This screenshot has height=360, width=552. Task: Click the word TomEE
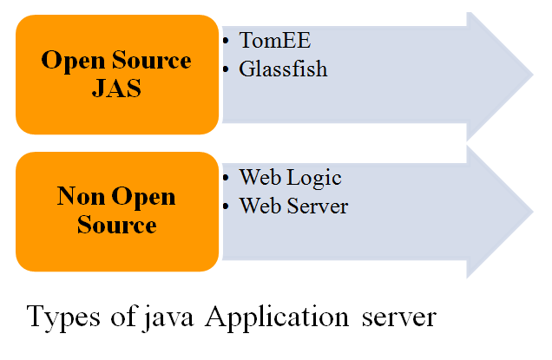tap(274, 42)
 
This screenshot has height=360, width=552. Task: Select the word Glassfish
tap(283, 69)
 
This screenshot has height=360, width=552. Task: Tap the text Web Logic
tap(290, 178)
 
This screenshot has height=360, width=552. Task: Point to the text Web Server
tap(293, 206)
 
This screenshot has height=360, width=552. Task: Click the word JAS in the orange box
tap(116, 88)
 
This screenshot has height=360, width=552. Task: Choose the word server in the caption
tap(396, 318)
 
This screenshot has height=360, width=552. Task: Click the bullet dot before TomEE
tap(227, 42)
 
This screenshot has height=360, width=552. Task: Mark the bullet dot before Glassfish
tap(227, 69)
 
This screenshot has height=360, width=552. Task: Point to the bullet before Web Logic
tap(227, 178)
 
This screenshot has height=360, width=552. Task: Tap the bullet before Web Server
tap(227, 206)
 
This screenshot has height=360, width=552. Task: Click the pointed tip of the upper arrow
tap(531, 75)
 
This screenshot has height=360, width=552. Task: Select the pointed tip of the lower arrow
tap(531, 213)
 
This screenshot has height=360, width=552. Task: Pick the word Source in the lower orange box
tap(116, 225)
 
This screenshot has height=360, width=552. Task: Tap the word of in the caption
tap(122, 318)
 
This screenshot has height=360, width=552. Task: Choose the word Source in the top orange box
tap(150, 62)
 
